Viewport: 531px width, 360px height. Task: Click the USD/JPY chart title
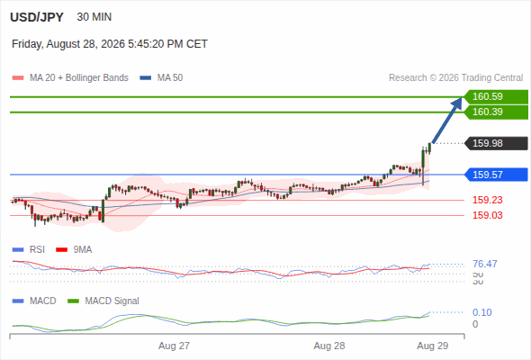(x=37, y=17)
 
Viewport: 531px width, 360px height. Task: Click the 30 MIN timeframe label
(x=94, y=17)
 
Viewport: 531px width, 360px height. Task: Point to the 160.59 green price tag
(x=496, y=97)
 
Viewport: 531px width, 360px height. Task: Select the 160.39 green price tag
(x=496, y=112)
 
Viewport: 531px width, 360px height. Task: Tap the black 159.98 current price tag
(x=496, y=143)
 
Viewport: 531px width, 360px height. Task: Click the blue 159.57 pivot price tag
(x=496, y=175)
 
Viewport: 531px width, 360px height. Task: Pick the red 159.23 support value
(x=487, y=200)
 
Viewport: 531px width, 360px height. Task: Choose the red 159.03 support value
(x=487, y=215)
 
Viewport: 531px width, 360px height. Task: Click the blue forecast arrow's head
(x=457, y=103)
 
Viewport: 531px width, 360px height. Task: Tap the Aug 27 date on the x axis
(x=174, y=346)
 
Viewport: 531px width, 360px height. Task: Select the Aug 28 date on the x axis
(x=329, y=346)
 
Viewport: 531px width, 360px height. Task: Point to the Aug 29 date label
(x=433, y=346)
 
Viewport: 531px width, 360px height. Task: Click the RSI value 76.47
(x=485, y=264)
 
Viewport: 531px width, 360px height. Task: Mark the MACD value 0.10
(x=481, y=312)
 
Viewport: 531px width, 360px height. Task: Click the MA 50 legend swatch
(x=146, y=78)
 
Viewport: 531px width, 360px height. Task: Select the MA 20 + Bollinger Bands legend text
(x=79, y=78)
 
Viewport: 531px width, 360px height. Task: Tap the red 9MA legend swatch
(x=61, y=250)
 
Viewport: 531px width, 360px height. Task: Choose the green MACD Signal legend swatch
(x=73, y=301)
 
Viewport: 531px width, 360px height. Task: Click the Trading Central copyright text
(x=455, y=78)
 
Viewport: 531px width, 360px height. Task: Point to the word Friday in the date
(x=27, y=44)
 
